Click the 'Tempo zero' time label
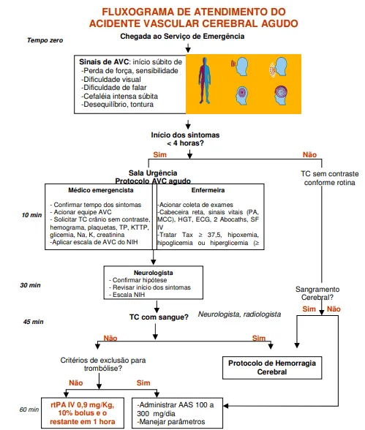pos(45,40)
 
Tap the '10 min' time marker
pos(31,215)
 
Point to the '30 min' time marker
pos(30,285)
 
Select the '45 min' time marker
pos(33,322)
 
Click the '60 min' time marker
pos(29,410)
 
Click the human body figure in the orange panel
pos(205,80)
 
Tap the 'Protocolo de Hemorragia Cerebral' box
pos(272,368)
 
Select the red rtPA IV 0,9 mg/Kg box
pos(83,412)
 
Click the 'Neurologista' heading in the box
pos(154,273)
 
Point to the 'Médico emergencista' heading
pos(101,190)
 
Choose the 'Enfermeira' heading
pos(208,190)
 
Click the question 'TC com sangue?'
pos(159,317)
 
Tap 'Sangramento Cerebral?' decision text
pos(317,293)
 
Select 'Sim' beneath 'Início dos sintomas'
pos(160,155)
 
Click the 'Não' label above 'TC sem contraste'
pos(309,155)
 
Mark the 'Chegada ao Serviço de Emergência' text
pos(182,37)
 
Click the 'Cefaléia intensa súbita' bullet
pos(119,97)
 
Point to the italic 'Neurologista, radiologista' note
pos(239,314)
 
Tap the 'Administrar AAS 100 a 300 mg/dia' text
pos(176,409)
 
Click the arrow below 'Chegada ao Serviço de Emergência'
pos(188,48)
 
